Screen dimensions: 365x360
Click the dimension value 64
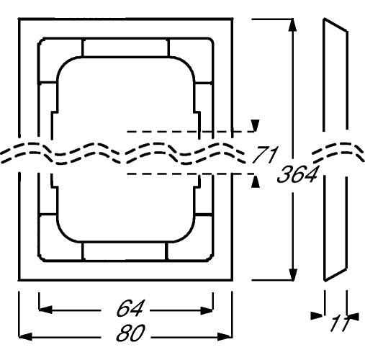pyautogui.click(x=130, y=308)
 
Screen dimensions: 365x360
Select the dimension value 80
pyautogui.click(x=130, y=333)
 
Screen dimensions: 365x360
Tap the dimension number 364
pyautogui.click(x=297, y=174)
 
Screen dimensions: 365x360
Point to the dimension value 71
pyautogui.click(x=265, y=154)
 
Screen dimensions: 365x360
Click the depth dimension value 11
pyautogui.click(x=340, y=324)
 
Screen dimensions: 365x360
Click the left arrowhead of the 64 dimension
pyautogui.click(x=45, y=310)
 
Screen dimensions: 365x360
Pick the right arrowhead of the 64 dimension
pyautogui.click(x=207, y=311)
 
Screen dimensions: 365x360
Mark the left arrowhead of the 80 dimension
pyautogui.click(x=25, y=336)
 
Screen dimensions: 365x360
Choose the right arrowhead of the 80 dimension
pyautogui.click(x=225, y=337)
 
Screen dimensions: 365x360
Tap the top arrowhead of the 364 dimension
pyautogui.click(x=292, y=25)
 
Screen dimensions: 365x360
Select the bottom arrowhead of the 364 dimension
pyautogui.click(x=293, y=274)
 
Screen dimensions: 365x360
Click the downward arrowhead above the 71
pyautogui.click(x=256, y=125)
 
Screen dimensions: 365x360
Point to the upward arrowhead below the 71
pyautogui.click(x=256, y=181)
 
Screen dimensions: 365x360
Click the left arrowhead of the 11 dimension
pyautogui.click(x=317, y=316)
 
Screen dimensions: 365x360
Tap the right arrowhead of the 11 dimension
pyautogui.click(x=353, y=317)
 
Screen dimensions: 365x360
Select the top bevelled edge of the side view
pyautogui.click(x=335, y=24)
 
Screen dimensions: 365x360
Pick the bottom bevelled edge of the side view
pyautogui.click(x=335, y=274)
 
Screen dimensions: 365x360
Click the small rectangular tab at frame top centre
pyautogui.click(x=125, y=48)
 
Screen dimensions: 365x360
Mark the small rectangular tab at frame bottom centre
pyautogui.click(x=125, y=251)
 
